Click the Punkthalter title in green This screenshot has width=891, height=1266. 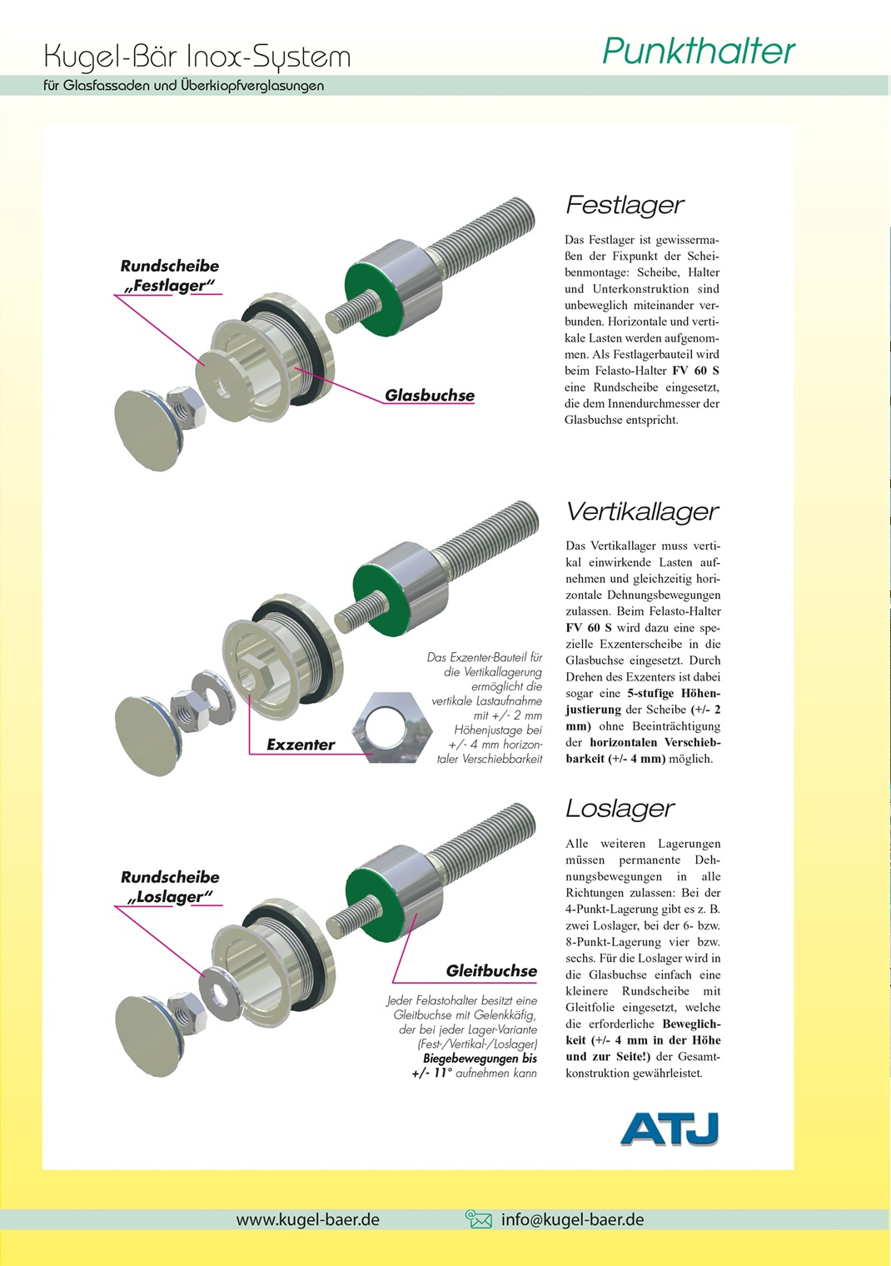tap(698, 52)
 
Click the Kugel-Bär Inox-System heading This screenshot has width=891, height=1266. tap(197, 57)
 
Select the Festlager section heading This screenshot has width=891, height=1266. tap(625, 205)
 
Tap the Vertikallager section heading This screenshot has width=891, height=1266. tap(642, 511)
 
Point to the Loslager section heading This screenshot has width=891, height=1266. tap(620, 808)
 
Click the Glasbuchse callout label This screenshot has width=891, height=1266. tap(430, 396)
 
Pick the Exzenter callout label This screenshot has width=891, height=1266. tap(301, 745)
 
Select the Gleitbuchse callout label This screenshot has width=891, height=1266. tap(491, 970)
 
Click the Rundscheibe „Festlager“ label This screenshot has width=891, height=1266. tap(170, 276)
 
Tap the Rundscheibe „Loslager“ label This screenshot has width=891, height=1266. tap(170, 887)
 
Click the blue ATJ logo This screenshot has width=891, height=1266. tap(669, 1129)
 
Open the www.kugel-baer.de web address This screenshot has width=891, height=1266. tap(307, 1219)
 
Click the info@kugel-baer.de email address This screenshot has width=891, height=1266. tap(572, 1219)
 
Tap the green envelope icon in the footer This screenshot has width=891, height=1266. tap(478, 1219)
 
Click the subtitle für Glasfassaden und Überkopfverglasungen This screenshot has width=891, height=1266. tap(183, 85)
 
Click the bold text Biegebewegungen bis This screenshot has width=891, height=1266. tap(480, 1059)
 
